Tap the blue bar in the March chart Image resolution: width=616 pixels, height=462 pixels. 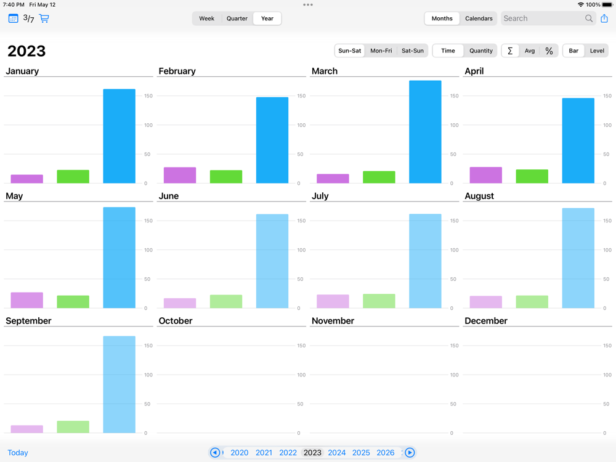point(425,132)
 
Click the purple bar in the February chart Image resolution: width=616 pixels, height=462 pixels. point(180,175)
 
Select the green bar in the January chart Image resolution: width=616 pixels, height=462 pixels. point(73,176)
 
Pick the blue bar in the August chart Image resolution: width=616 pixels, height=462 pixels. point(578,258)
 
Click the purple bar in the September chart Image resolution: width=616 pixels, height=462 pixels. point(26,429)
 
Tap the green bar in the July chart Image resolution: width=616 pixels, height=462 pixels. point(379,301)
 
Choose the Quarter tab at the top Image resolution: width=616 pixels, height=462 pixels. point(237,18)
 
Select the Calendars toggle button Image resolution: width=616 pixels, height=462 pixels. point(479,18)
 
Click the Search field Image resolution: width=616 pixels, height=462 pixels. point(542,18)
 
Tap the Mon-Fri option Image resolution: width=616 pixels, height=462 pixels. point(381,51)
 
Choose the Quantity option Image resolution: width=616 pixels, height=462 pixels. point(480,51)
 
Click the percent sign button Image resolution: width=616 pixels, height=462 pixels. point(549,51)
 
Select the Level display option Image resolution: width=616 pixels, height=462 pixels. point(597,51)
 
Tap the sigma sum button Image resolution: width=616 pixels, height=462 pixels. point(510,51)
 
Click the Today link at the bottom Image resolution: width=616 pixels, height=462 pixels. point(18,453)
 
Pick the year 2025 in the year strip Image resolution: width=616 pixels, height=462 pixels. point(361,453)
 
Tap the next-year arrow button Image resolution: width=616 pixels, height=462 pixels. point(410,453)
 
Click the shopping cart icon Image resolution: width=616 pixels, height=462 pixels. point(44,18)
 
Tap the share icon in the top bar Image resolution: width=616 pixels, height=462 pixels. point(604,18)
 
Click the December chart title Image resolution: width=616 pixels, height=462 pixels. point(486,321)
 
